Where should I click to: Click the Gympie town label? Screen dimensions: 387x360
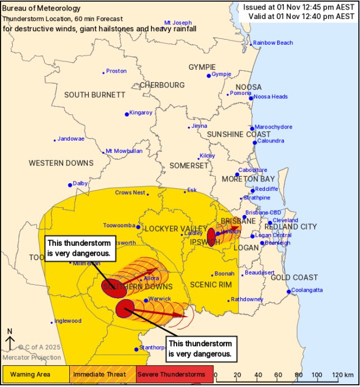pyautogui.click(x=222, y=74)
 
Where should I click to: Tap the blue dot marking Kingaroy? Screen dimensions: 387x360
pyautogui.click(x=127, y=114)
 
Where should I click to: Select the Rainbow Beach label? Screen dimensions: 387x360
pyautogui.click(x=273, y=43)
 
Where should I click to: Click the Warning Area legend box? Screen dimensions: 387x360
pyautogui.click(x=36, y=374)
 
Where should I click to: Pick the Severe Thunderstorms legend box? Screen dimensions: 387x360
pyautogui.click(x=174, y=374)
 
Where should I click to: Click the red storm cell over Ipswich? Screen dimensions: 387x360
pyautogui.click(x=211, y=236)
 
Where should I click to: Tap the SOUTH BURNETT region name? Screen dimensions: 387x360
pyautogui.click(x=94, y=95)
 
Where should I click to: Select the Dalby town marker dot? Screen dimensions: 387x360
pyautogui.click(x=70, y=185)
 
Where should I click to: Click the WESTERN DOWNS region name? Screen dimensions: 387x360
pyautogui.click(x=61, y=163)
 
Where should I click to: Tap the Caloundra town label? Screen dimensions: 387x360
pyautogui.click(x=273, y=142)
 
